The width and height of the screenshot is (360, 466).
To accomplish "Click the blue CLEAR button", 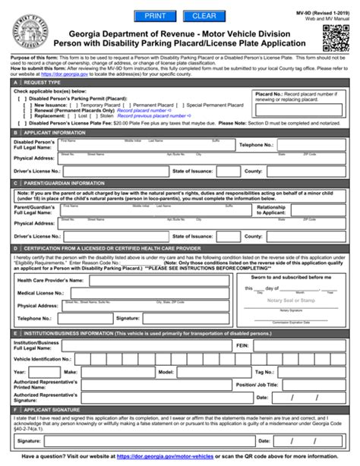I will pyautogui.click(x=204, y=15).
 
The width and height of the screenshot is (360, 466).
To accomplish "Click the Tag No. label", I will pyautogui.click(x=264, y=373).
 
